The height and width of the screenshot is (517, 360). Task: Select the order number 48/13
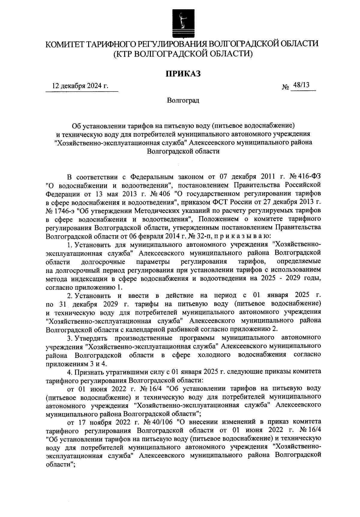301,86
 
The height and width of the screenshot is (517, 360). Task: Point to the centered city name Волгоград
183,100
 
